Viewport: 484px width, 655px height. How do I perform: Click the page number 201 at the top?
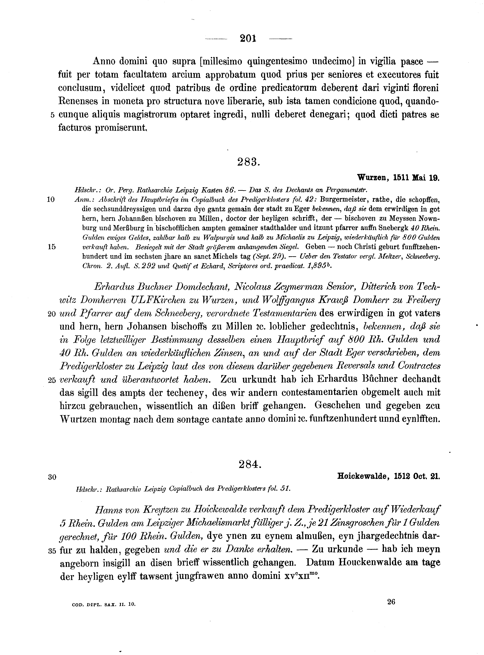click(248, 39)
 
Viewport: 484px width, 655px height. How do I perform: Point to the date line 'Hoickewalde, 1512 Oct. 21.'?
click(389, 477)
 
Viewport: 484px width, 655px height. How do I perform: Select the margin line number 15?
click(51, 247)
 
